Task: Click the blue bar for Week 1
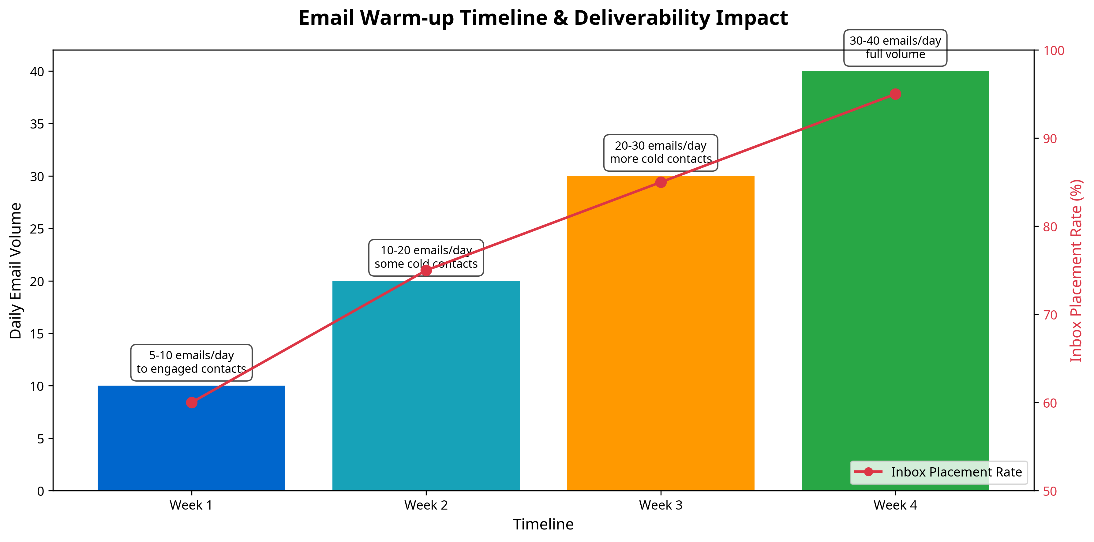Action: (191, 446)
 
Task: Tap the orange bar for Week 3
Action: (660, 340)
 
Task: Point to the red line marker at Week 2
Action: (426, 271)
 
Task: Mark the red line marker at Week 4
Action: (895, 94)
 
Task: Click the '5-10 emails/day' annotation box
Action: (191, 362)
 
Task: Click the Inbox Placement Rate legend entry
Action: (939, 472)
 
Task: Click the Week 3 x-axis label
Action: (660, 506)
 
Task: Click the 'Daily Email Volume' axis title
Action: (16, 271)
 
